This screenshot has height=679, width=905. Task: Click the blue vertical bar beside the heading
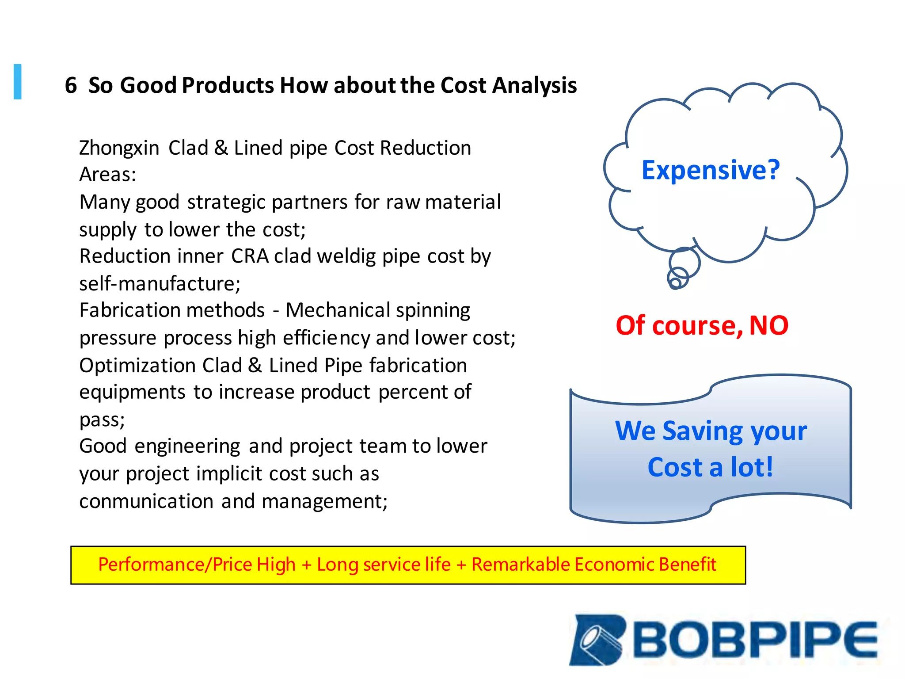tap(18, 82)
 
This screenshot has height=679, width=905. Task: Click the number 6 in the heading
tap(71, 85)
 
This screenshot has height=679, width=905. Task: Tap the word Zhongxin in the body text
tap(119, 148)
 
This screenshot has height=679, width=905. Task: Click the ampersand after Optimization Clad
tap(255, 366)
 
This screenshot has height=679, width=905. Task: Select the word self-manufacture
tap(160, 284)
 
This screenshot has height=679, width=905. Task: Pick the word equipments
tap(132, 393)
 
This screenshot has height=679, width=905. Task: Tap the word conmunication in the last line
tap(146, 501)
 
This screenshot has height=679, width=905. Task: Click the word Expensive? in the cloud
tap(710, 170)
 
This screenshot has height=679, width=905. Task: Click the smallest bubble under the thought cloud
tap(675, 283)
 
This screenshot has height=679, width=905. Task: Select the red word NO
tap(769, 326)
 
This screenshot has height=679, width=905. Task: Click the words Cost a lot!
tap(710, 468)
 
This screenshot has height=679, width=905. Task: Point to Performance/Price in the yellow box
tap(174, 565)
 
